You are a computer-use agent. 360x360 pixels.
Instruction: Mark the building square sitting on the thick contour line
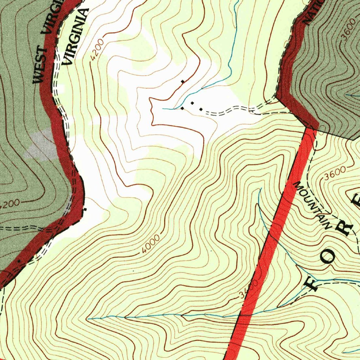tap(182, 82)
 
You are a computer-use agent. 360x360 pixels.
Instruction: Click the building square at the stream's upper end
tap(182, 108)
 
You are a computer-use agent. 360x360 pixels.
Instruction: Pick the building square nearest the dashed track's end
tap(201, 109)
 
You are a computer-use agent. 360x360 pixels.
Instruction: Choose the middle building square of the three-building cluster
tap(192, 103)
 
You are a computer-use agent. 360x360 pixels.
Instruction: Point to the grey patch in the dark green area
tap(40, 144)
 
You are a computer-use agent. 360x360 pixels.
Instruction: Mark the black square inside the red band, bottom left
tap(19, 261)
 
